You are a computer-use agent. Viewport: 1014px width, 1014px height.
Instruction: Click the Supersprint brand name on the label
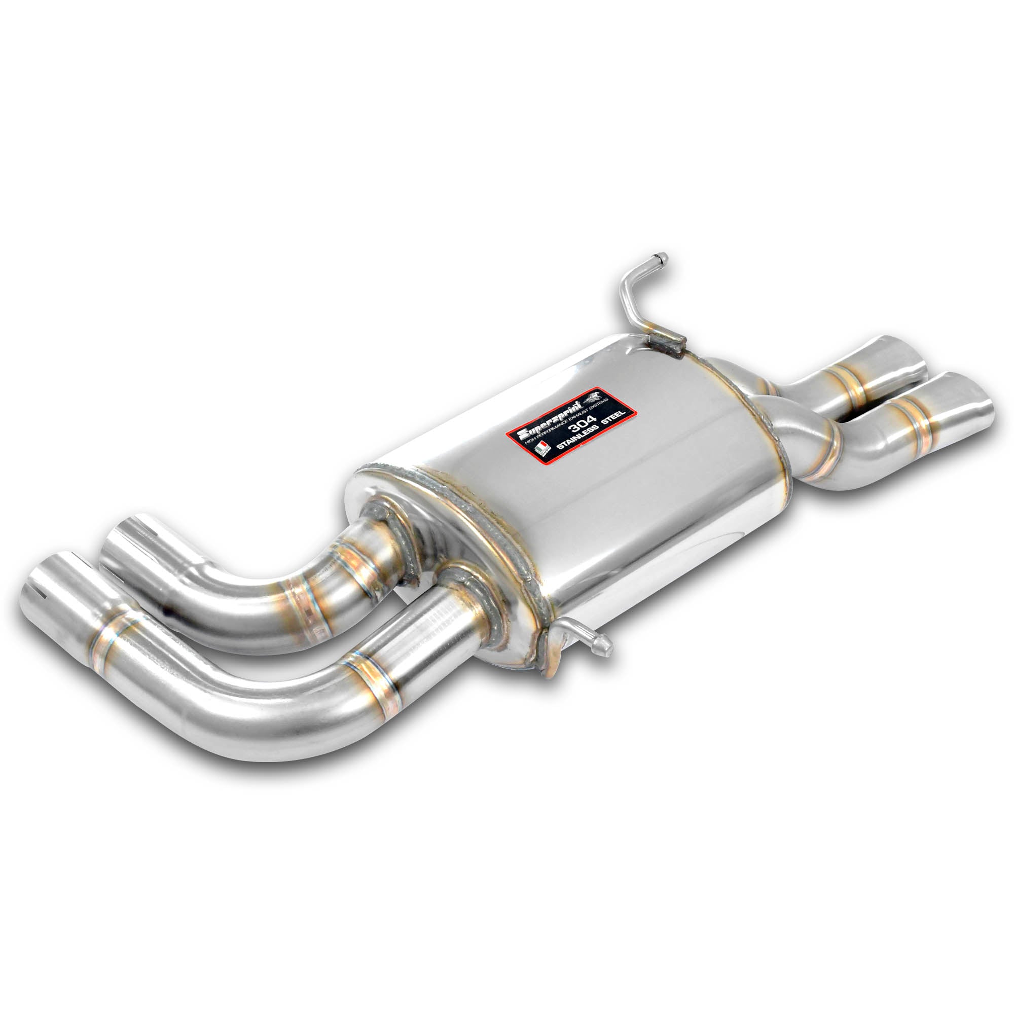pos(551,419)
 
